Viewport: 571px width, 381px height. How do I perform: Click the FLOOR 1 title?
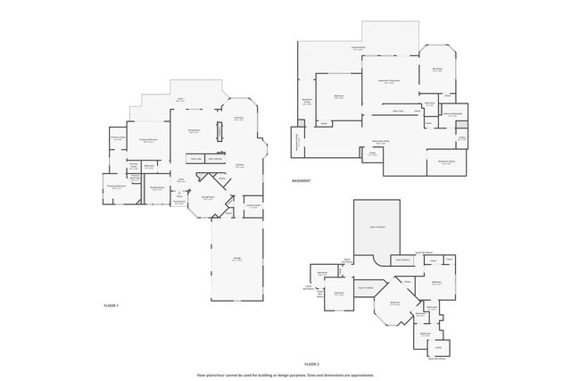point(111,305)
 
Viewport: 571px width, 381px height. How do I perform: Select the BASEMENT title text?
point(301,181)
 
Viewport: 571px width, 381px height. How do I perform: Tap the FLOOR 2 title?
point(310,364)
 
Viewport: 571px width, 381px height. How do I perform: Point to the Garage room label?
point(237,259)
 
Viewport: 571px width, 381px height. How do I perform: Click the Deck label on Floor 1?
point(179,101)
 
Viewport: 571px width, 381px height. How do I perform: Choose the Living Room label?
point(194,131)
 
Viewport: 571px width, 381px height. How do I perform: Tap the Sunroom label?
point(238,118)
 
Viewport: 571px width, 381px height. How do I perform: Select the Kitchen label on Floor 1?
point(239,165)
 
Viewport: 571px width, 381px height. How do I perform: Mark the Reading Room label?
point(157,187)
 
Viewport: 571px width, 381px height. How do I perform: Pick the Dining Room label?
point(207,198)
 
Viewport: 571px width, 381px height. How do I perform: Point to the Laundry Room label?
point(253,205)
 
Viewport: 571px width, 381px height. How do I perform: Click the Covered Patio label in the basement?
point(357,49)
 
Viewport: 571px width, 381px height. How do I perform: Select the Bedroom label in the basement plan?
point(339,96)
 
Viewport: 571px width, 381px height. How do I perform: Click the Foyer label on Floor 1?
point(181,180)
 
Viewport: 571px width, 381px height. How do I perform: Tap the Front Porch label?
point(178,202)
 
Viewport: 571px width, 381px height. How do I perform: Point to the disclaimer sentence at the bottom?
point(285,375)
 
